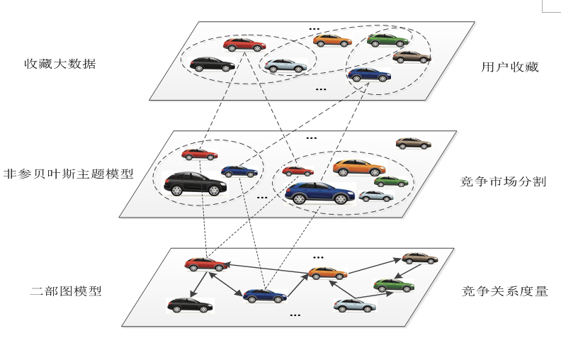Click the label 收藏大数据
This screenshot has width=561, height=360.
coord(60,64)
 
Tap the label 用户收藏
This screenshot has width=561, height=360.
coord(510,67)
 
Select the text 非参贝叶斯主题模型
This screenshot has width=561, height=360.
coord(68,174)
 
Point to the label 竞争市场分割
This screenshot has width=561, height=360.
coord(504,181)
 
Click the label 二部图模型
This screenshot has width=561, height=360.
coord(66,291)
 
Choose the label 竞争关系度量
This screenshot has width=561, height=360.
coord(505,291)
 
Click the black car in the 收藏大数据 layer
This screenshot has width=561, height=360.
coord(212,64)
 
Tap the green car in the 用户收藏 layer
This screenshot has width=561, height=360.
coord(388,40)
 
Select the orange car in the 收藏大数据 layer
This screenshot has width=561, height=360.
coord(332,40)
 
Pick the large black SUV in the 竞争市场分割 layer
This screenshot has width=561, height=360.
coord(195,184)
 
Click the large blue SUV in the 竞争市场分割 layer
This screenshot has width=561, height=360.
coord(320,193)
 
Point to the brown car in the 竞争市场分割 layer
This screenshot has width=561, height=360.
coord(413,143)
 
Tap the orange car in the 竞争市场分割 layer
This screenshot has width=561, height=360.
coord(359,168)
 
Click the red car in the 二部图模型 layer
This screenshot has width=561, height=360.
coord(206,264)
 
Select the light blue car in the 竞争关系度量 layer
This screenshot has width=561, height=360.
coord(355,305)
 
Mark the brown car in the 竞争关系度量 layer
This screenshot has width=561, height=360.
coord(419,258)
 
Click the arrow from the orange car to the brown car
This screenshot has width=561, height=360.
coord(374,266)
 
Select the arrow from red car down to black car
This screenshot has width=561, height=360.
coord(200,284)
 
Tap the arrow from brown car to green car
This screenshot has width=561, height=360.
coord(408,271)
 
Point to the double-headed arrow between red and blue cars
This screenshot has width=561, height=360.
coord(226,284)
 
